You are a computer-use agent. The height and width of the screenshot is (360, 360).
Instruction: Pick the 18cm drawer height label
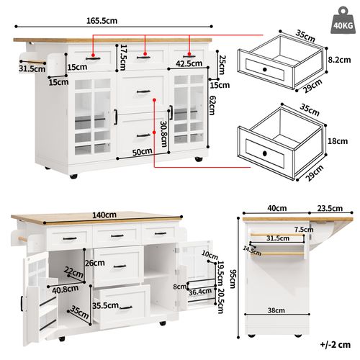(337, 143)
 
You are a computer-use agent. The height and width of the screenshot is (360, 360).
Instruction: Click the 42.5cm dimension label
(188, 63)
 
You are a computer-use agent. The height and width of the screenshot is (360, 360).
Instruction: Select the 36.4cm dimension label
(200, 292)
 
